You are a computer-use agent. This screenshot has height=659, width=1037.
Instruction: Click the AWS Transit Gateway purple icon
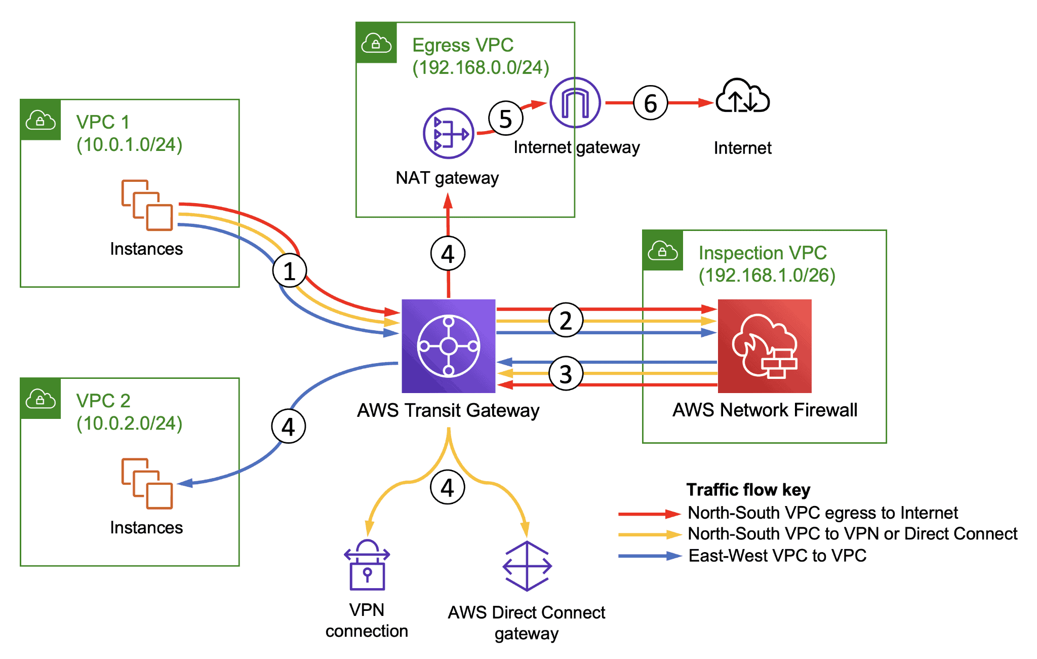[x=448, y=346]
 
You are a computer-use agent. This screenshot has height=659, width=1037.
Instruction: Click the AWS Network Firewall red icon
[x=765, y=346]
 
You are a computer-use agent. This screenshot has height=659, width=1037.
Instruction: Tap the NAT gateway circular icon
[x=448, y=133]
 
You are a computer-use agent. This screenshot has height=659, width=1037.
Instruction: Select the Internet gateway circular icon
[x=575, y=102]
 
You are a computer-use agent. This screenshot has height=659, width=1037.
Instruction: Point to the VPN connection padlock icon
[x=367, y=566]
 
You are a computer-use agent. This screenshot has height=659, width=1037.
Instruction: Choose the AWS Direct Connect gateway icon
[x=527, y=566]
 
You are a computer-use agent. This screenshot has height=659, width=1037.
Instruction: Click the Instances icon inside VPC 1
[x=147, y=205]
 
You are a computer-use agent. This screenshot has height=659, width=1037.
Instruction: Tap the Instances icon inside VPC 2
[x=147, y=484]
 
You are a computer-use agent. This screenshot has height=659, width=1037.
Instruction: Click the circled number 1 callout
[x=289, y=270]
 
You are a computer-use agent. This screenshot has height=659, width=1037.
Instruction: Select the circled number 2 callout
[x=566, y=320]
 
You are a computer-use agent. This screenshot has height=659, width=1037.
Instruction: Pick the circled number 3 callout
[x=566, y=374]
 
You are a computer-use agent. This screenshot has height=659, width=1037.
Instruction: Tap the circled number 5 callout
[x=505, y=119]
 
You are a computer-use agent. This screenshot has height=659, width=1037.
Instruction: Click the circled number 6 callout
[x=650, y=103]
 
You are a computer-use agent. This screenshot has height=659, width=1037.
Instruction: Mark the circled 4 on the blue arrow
[x=288, y=427]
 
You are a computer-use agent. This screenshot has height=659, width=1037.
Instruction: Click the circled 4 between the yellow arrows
[x=447, y=487]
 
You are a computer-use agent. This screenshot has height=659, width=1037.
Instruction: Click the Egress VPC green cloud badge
[x=376, y=43]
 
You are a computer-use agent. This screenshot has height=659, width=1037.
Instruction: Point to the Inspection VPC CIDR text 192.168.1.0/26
[x=767, y=275]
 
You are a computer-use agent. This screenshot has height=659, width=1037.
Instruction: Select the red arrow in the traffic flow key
[x=649, y=514]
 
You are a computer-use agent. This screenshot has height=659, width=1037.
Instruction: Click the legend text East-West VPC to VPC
[x=777, y=556]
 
